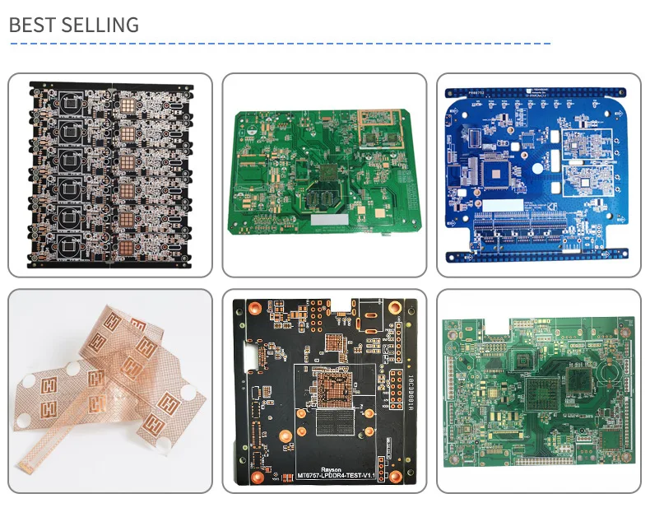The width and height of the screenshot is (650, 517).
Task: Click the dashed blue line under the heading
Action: (280, 44)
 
